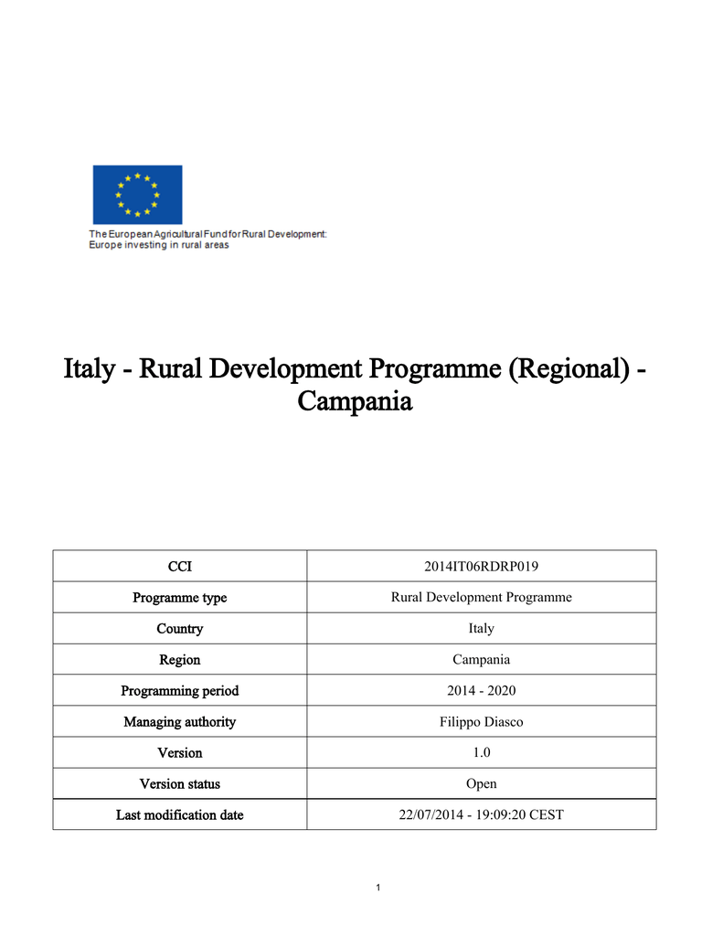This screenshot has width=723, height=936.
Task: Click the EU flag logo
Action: (137, 195)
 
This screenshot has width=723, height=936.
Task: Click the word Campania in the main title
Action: (356, 401)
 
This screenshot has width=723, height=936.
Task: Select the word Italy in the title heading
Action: (89, 369)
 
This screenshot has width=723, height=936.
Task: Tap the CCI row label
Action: (180, 567)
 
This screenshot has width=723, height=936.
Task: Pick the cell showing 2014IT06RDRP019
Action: (481, 567)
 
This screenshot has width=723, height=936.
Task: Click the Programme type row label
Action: (180, 598)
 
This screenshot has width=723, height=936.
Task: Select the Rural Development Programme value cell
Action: (481, 598)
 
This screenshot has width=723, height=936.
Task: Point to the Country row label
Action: (180, 629)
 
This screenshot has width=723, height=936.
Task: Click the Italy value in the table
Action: (481, 629)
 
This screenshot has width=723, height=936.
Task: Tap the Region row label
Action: (180, 660)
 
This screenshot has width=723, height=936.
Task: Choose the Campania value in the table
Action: (481, 660)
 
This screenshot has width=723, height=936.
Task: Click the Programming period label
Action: (180, 691)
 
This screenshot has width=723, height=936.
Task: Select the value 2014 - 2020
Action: (481, 691)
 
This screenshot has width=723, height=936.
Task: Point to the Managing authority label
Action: (180, 722)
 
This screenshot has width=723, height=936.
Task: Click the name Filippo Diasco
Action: (481, 722)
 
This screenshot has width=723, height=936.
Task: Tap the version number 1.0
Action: (481, 753)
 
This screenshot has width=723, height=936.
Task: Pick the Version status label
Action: (180, 784)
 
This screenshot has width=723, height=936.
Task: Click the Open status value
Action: (481, 784)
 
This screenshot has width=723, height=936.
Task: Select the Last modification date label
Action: (180, 815)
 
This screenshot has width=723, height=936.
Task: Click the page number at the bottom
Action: (377, 888)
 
